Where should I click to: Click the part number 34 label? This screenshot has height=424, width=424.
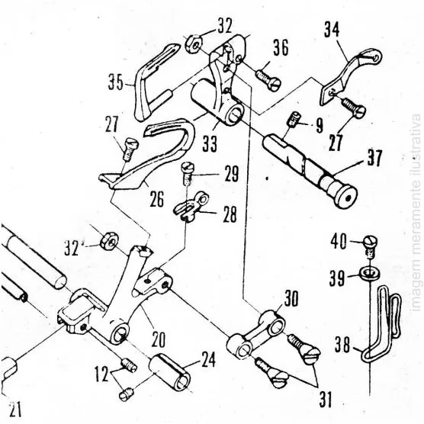(x=332, y=30)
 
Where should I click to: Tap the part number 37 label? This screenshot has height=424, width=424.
(x=374, y=158)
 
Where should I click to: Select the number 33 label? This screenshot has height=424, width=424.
(x=210, y=144)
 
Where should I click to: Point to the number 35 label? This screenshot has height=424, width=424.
(x=116, y=82)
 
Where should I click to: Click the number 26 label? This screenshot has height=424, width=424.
(x=157, y=199)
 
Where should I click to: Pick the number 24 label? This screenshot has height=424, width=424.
(x=207, y=360)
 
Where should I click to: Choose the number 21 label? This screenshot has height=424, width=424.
(x=15, y=409)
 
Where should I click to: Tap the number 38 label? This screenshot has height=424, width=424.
(x=342, y=345)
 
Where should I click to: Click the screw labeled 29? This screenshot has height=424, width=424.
(x=186, y=172)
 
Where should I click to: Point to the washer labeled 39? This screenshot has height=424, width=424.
(x=370, y=272)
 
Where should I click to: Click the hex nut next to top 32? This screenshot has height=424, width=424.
(x=194, y=44)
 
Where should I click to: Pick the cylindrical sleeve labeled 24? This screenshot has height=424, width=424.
(x=169, y=373)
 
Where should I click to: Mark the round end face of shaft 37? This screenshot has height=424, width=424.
(x=347, y=198)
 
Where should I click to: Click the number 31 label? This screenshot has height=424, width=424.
(x=326, y=400)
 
